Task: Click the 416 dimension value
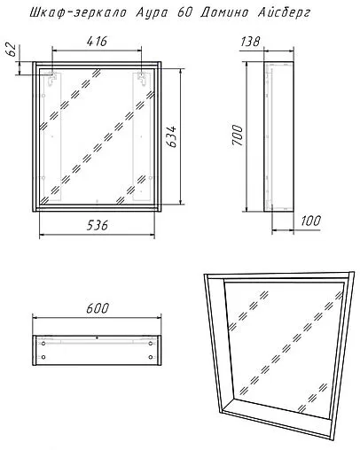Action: (97, 42)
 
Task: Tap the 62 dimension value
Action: (11, 50)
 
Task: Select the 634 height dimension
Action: (171, 136)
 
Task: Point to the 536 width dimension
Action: (98, 226)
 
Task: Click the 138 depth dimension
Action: (250, 42)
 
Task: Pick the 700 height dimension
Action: (238, 135)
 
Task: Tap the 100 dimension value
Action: (310, 221)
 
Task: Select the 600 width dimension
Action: (98, 308)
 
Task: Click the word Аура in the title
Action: (152, 13)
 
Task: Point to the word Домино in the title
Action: (224, 13)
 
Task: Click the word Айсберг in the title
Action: (284, 13)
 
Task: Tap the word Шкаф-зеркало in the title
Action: (78, 13)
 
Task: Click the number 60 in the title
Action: (184, 13)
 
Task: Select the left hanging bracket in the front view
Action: (52, 78)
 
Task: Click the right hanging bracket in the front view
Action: (142, 78)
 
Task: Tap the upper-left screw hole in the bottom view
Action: (43, 344)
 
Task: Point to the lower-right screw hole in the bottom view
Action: (151, 357)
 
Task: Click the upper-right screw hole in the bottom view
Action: (151, 344)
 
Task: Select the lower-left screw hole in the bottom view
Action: (43, 357)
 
